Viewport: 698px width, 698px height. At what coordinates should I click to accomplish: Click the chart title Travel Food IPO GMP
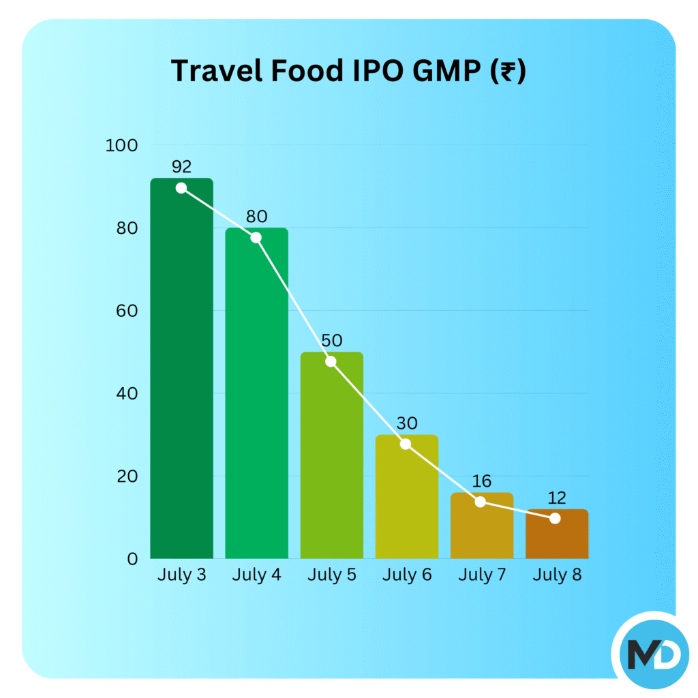tap(348, 70)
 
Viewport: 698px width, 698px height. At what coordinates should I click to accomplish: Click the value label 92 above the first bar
tap(182, 166)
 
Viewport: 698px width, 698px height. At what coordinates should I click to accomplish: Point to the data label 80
tap(256, 217)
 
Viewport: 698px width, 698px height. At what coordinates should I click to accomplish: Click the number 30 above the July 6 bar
tap(406, 423)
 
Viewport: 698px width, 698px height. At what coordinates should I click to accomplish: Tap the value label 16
tap(481, 481)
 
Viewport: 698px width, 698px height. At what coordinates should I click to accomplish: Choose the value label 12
tap(556, 498)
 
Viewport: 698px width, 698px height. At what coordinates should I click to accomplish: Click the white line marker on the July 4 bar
tap(256, 237)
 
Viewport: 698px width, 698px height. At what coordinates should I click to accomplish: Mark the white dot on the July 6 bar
tap(406, 444)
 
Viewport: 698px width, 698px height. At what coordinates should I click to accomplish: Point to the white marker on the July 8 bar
tap(555, 518)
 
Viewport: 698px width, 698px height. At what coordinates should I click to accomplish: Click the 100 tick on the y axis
tap(122, 145)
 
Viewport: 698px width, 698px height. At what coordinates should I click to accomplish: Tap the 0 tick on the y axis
tap(132, 559)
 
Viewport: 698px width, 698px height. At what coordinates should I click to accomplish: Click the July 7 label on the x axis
tap(481, 575)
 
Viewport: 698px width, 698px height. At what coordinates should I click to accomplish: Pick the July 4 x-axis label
tap(256, 575)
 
